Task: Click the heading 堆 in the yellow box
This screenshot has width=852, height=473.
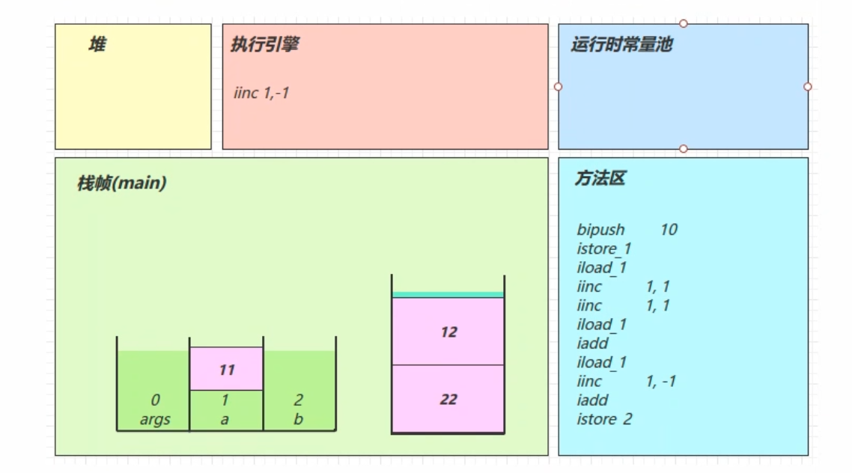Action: pos(97,46)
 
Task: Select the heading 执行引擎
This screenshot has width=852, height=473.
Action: pos(265,45)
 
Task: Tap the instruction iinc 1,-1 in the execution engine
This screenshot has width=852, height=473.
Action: pos(261,94)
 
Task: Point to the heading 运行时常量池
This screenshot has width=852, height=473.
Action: pos(621,45)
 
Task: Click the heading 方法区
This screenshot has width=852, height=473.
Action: pos(600,179)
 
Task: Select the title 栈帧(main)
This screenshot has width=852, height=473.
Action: pos(121,183)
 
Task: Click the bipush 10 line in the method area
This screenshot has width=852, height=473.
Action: pos(627,230)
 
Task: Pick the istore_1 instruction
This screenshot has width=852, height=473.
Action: pos(604,248)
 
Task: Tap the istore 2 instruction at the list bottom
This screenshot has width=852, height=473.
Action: pos(604,419)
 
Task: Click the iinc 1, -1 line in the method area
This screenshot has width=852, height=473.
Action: pos(626,382)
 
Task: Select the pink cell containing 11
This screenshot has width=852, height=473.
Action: pos(227,369)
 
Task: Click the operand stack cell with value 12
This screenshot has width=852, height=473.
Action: pos(448,332)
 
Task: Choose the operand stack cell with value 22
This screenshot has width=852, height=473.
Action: pos(448,400)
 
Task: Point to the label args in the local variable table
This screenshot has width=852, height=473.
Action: pos(155,419)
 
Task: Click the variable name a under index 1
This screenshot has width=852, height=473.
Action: pos(225,419)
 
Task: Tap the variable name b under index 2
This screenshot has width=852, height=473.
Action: pos(298,419)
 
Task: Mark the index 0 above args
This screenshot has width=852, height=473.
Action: pos(155,401)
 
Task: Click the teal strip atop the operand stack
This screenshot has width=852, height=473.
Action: pos(448,295)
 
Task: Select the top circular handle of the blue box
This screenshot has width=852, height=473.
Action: pos(684,24)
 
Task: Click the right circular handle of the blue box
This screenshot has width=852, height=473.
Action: pos(808,87)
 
